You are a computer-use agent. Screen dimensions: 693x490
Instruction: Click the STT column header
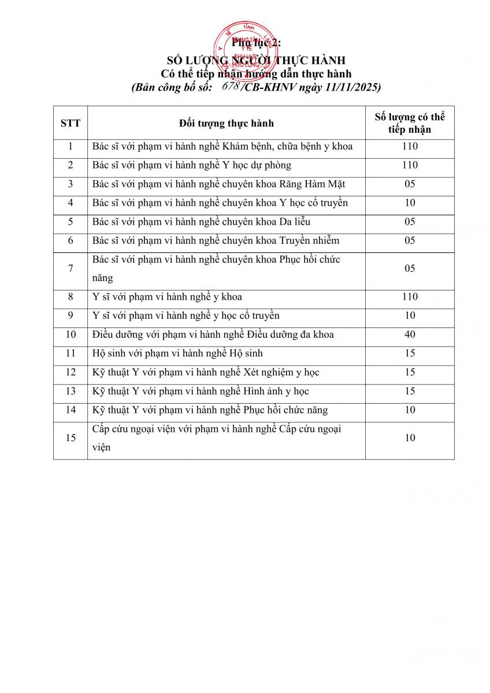[70, 123]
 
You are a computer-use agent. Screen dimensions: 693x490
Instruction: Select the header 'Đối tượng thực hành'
[227, 123]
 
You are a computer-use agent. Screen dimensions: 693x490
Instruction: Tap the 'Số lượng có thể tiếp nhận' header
[410, 123]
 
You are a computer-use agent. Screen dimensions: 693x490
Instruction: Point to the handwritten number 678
[231, 86]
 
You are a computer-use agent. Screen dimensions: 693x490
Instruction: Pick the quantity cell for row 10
[410, 334]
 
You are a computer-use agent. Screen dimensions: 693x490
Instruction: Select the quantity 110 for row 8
[410, 297]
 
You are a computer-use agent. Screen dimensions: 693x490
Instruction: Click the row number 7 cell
[70, 269]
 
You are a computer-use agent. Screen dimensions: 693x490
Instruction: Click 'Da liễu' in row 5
[294, 222]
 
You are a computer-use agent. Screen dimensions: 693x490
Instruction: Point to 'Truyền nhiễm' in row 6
[311, 240]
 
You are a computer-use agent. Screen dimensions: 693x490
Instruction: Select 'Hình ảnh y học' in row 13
[276, 391]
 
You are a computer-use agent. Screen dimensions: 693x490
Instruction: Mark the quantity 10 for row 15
[410, 438]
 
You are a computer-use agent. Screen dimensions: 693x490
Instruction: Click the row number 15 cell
[70, 438]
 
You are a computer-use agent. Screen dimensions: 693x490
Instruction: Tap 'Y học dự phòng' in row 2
[257, 165]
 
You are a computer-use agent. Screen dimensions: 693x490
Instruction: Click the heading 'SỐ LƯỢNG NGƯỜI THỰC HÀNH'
[256, 61]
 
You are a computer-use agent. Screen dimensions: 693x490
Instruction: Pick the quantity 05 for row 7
[410, 269]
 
